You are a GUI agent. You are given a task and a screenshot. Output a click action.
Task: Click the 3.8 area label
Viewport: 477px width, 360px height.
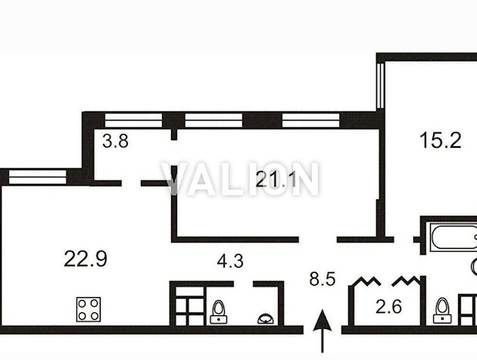[115, 141]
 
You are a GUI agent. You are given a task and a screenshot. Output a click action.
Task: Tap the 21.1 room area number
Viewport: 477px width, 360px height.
[276, 180]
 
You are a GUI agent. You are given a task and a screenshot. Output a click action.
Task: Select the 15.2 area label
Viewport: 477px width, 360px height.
[440, 140]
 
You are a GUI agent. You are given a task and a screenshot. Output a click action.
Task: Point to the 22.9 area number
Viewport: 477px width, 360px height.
[86, 259]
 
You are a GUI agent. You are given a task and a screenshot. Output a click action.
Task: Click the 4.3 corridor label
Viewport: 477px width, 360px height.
[230, 261]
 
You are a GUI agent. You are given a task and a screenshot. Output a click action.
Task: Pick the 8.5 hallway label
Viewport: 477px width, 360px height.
[323, 279]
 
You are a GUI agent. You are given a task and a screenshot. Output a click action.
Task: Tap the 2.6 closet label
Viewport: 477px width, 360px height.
[388, 307]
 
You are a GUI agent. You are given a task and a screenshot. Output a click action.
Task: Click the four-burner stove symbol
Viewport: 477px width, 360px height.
[89, 309]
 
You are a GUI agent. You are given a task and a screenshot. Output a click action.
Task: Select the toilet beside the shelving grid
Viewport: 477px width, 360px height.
[218, 312]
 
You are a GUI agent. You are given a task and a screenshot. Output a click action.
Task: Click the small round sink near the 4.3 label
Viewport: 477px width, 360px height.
[266, 319]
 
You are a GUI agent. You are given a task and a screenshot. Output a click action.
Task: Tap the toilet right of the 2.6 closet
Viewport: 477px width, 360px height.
[442, 310]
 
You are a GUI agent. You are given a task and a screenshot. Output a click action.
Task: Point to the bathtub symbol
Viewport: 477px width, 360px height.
[454, 237]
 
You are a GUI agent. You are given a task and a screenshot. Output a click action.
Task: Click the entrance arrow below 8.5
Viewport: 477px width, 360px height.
[322, 331]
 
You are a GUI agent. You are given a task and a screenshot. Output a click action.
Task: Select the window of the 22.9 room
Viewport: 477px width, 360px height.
[37, 177]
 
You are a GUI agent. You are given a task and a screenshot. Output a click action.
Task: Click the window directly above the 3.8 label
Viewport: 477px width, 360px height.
[133, 121]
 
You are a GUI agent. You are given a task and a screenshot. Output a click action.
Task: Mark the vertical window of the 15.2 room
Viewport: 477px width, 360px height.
[380, 86]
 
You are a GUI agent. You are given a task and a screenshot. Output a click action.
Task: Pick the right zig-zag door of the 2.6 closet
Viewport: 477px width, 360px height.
[406, 281]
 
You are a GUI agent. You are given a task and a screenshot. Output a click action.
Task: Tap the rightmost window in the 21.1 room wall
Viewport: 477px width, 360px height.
[310, 121]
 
